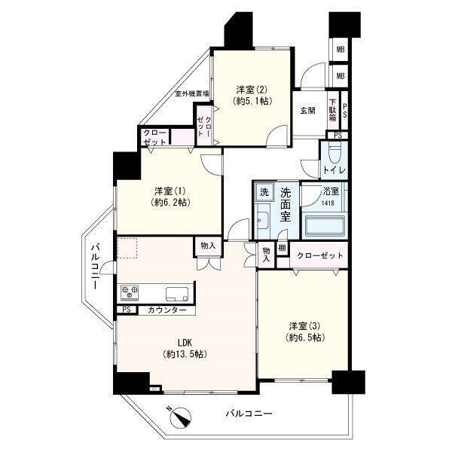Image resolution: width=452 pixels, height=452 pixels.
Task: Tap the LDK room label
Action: [x=185, y=343]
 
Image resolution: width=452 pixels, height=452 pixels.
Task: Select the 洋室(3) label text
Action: [x=304, y=326]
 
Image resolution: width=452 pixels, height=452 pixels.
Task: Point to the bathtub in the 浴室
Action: [x=323, y=225]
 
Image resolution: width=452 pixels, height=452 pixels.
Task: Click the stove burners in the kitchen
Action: [x=130, y=292]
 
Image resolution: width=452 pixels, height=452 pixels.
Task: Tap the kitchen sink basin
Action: [x=177, y=294]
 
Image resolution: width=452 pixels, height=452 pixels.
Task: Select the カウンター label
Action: [x=167, y=310]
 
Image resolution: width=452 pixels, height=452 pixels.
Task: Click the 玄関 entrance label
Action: [x=308, y=111]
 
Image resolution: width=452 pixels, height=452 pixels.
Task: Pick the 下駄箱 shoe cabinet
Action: [x=333, y=110]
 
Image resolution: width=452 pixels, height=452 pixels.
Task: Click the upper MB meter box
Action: [x=341, y=50]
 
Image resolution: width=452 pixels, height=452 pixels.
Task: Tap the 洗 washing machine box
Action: [x=264, y=192]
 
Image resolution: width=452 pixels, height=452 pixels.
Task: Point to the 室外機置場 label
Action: [x=193, y=93]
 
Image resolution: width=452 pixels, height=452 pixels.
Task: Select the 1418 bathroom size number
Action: [x=328, y=203]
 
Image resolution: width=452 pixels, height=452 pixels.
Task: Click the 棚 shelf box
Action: [x=282, y=248]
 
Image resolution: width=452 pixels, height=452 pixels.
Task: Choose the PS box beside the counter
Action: [x=127, y=310]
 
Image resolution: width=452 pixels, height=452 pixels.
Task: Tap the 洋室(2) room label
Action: [x=252, y=90]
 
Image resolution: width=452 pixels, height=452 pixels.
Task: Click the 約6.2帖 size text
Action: [x=170, y=203]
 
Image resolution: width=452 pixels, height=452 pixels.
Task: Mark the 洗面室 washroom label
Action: [x=286, y=205]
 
